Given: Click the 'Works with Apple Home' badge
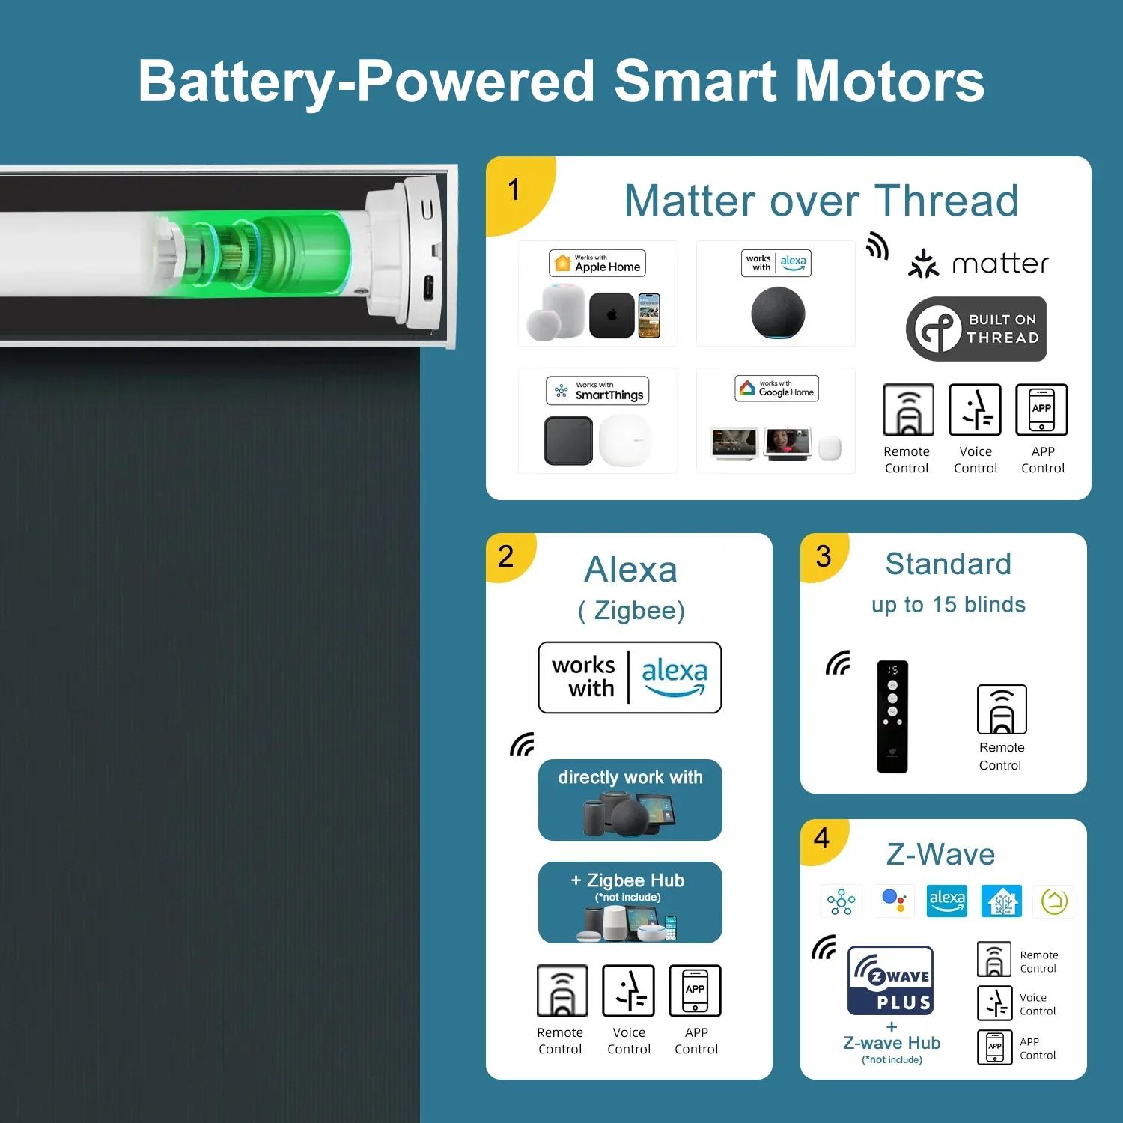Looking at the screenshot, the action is coord(597,264).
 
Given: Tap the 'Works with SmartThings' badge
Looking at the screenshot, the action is coord(597,391).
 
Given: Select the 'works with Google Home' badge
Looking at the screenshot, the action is coord(776,389).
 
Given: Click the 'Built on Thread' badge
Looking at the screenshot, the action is coord(976,329).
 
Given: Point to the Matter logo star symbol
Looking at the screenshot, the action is coord(923,264).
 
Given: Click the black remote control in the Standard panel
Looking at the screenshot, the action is coord(892,716).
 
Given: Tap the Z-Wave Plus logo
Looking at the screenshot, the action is coord(891,980).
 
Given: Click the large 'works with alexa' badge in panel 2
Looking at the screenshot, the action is coord(630,678).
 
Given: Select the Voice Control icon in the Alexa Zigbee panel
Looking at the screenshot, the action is coord(629,990).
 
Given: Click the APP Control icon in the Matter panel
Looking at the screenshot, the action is coord(1041,410).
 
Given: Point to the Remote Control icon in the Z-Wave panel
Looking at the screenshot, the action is coord(994,959).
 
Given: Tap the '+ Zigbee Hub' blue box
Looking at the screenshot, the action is coord(630,902).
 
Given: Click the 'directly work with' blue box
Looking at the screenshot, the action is coord(630,800).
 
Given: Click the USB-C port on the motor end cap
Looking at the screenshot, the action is coord(427,287).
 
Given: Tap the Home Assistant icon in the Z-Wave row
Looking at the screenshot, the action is coord(1002,901).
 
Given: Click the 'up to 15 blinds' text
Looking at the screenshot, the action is coord(949,605).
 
